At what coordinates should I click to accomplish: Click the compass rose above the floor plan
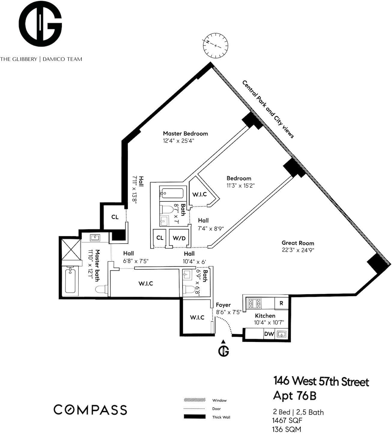coord(216,45)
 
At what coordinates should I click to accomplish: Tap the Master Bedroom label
coord(185,133)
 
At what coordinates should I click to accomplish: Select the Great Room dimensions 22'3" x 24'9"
coord(298,250)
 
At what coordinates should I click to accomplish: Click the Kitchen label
coord(265,316)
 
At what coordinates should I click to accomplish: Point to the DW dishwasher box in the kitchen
coord(269,334)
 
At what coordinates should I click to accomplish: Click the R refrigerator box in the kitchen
coord(281,303)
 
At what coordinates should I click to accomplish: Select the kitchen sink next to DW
coord(281,334)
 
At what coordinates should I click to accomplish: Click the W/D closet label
coord(179,238)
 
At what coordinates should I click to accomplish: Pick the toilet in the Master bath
coord(100,290)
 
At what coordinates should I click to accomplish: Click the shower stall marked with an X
coord(71,248)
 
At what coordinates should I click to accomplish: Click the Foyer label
coord(223,305)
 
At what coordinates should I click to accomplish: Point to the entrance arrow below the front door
coord(223,341)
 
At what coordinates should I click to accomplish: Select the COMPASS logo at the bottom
coord(90,410)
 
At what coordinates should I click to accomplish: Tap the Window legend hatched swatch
coord(195,400)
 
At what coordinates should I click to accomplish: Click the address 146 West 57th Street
coord(321,382)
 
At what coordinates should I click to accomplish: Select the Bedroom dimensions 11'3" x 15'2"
coord(240,186)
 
